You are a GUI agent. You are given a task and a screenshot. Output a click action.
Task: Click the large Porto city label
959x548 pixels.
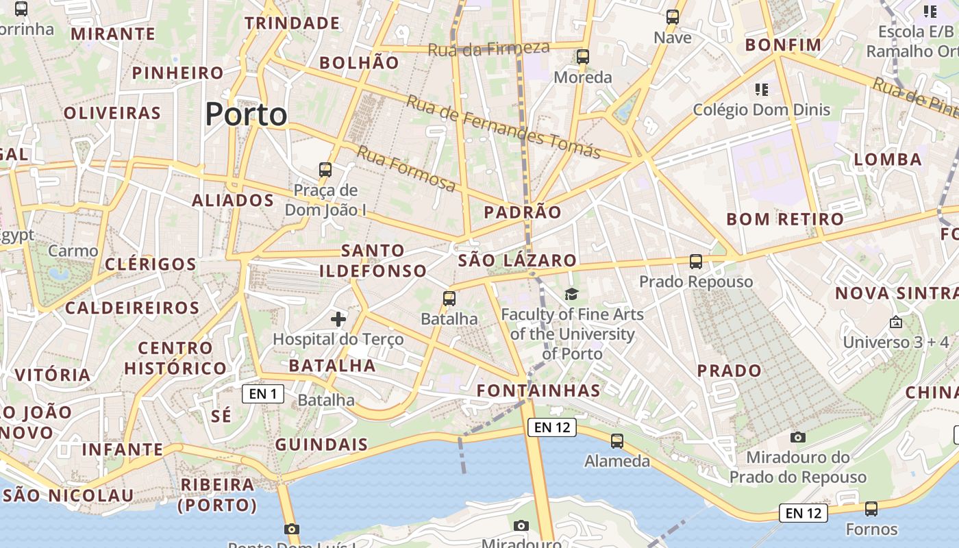tap(246, 114)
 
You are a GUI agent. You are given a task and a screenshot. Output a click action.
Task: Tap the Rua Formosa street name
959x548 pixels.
tap(406, 169)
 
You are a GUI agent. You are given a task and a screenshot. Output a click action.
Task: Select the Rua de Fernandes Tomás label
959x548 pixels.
tap(503, 127)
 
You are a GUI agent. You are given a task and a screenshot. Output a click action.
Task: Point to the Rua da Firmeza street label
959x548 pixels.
tap(488, 49)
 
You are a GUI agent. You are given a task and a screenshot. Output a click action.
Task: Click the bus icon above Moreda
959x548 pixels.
tap(583, 57)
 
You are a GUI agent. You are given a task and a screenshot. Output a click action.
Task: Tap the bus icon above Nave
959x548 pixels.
tap(673, 17)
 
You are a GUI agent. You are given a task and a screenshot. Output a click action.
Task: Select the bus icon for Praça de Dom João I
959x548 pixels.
tap(325, 170)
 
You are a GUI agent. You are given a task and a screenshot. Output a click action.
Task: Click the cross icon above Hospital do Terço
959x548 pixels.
tap(338, 319)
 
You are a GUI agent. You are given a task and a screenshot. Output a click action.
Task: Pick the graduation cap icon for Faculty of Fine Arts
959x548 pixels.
tap(571, 295)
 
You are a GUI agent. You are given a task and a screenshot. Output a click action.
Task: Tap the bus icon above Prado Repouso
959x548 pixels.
tap(696, 262)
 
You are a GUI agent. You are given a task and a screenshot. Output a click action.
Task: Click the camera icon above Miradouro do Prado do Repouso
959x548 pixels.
tap(797, 437)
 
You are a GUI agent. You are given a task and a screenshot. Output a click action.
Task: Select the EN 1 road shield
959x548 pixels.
tap(263, 394)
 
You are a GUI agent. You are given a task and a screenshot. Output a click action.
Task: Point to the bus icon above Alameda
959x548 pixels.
tap(617, 441)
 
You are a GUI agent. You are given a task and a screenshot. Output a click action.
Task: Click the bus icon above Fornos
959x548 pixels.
tap(871, 509)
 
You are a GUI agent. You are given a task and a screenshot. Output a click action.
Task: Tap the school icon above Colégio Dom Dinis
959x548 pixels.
tap(761, 90)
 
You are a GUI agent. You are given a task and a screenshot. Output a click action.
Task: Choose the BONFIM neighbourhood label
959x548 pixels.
tap(783, 45)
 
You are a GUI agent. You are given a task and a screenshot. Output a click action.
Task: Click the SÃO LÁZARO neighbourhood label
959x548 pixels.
tap(517, 260)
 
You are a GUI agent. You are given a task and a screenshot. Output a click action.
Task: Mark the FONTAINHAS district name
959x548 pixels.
tap(538, 390)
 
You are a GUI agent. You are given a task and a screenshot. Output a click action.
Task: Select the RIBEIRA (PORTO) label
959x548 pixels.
tap(218, 495)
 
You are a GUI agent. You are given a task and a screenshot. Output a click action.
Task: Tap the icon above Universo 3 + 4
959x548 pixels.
tap(895, 322)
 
